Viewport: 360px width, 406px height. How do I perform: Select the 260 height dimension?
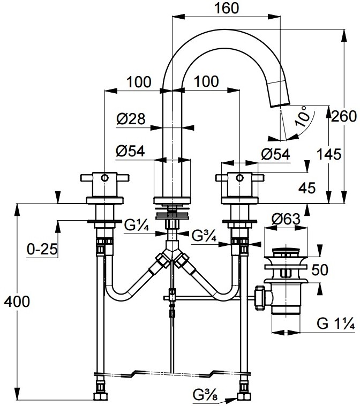[343, 116]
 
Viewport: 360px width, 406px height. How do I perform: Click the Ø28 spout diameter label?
[131, 119]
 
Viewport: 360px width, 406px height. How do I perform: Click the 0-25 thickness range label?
[41, 249]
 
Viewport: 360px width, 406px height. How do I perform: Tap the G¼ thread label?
[137, 225]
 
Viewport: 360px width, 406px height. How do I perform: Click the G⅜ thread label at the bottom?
[205, 396]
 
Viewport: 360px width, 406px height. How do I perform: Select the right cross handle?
[237, 177]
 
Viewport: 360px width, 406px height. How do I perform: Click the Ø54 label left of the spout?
[131, 152]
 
